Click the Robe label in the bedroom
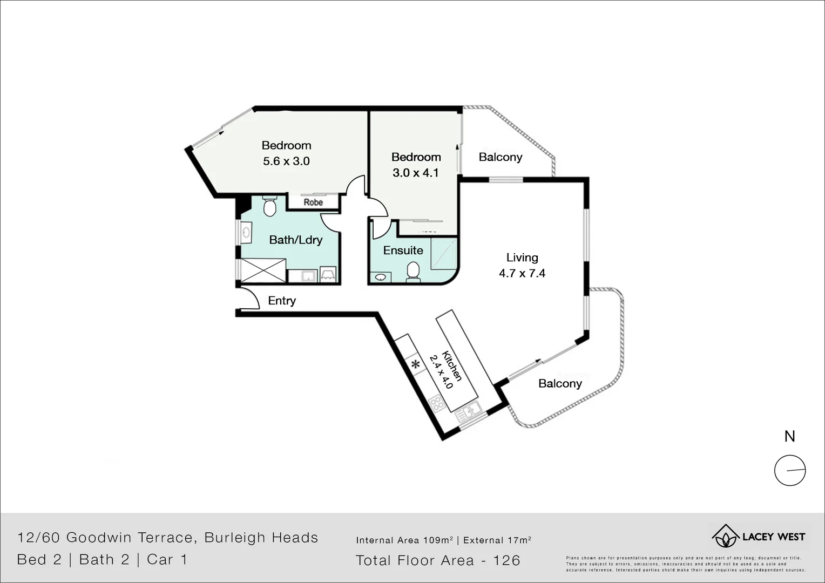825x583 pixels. click(313, 202)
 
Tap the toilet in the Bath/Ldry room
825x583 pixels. click(269, 206)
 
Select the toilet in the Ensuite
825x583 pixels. click(413, 271)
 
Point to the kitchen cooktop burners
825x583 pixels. click(436, 402)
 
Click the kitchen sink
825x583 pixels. click(468, 412)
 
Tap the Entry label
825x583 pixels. click(282, 301)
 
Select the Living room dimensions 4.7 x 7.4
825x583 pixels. click(522, 273)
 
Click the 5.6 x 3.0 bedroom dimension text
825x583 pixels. click(286, 161)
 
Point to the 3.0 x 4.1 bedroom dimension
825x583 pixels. click(415, 173)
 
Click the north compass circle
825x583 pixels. click(790, 471)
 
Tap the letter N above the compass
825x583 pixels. click(789, 436)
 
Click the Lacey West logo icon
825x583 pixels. click(725, 536)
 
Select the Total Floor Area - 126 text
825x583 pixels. click(438, 561)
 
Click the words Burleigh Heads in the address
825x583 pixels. click(261, 538)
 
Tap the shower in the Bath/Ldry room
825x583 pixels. click(262, 270)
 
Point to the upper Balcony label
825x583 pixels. click(501, 157)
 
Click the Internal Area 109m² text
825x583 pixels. click(404, 540)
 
